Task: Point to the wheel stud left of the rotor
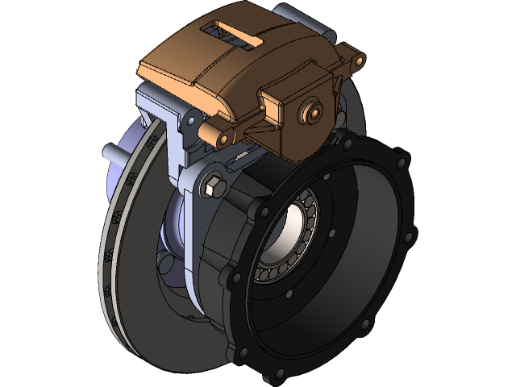tap(108, 151)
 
